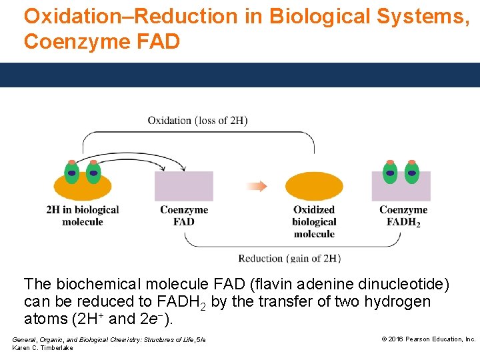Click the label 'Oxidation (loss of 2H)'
(x=197, y=121)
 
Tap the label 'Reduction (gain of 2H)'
(x=289, y=259)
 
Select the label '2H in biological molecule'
(x=83, y=215)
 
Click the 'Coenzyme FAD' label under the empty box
(x=184, y=215)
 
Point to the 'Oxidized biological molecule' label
(x=314, y=221)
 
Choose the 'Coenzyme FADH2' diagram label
(x=403, y=215)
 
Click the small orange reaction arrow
(x=256, y=186)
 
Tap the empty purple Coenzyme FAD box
(x=184, y=186)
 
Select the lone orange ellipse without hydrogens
(x=314, y=186)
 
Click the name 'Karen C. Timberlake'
(x=43, y=348)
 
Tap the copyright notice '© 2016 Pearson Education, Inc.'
(x=428, y=339)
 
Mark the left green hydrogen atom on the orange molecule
(x=72, y=173)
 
